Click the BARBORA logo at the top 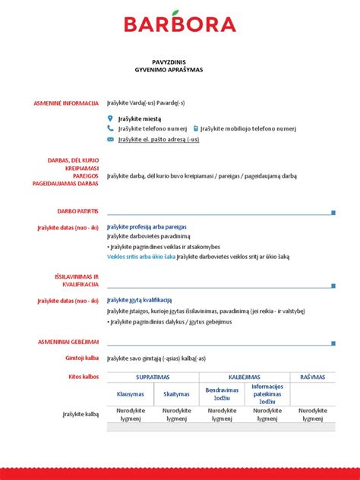tap(180, 24)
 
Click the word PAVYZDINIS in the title tap(179, 62)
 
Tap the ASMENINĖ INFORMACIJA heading tap(66, 103)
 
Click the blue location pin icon tap(110, 118)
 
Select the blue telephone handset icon tap(110, 129)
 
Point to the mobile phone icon tap(196, 129)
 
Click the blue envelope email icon tap(110, 140)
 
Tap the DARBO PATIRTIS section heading tap(78, 210)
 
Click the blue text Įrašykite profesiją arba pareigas tap(147, 226)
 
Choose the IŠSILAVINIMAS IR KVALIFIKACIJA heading tap(77, 280)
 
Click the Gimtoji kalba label tap(83, 358)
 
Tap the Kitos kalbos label tap(84, 376)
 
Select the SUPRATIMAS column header tap(153, 377)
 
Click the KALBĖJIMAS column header tap(245, 377)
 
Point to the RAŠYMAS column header tap(312, 377)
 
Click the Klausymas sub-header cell tap(130, 394)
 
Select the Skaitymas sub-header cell tap(176, 394)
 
